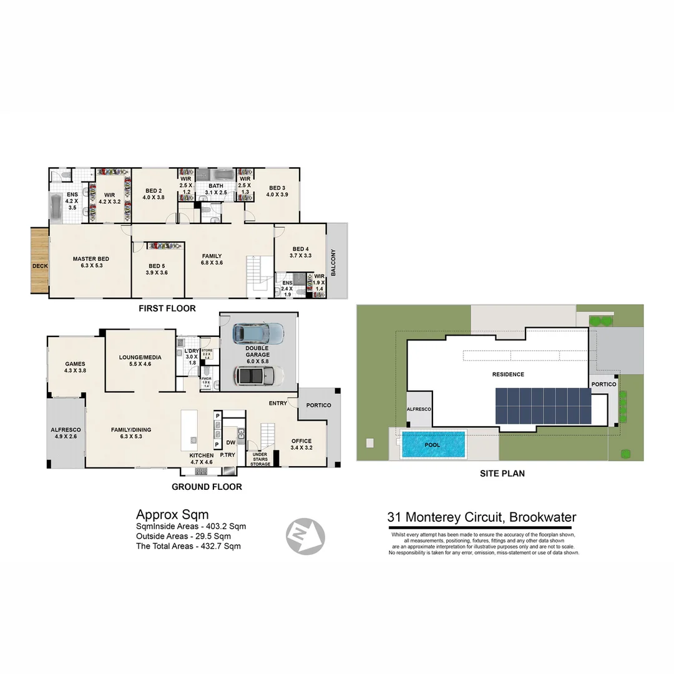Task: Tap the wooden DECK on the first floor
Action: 40,261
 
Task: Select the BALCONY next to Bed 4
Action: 334,262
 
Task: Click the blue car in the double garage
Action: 258,333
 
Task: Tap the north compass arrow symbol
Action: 306,535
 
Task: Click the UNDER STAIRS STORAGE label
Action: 261,460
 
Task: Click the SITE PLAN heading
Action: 502,474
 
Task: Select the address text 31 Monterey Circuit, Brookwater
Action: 481,517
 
